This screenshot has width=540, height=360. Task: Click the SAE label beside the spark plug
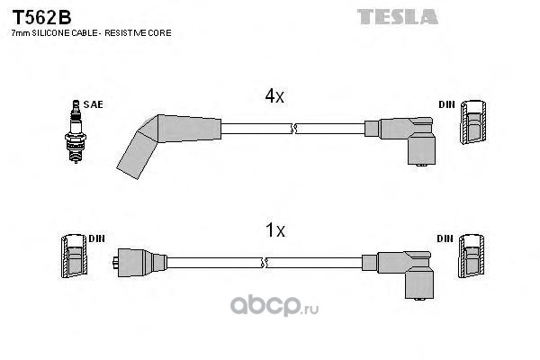[93, 104]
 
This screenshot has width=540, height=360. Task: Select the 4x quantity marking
[274, 96]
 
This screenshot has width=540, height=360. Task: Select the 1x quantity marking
[274, 231]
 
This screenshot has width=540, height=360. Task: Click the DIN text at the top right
[446, 104]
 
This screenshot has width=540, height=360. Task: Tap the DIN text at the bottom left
[96, 238]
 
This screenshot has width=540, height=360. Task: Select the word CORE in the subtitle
[160, 33]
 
